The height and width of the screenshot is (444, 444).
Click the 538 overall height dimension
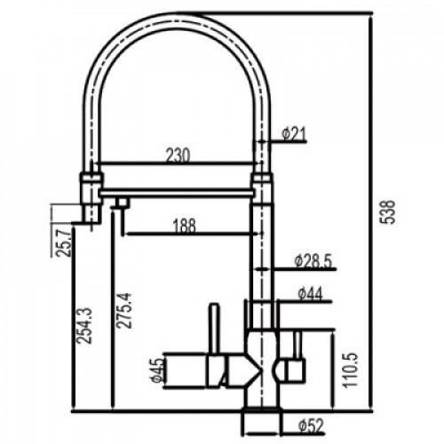(x=387, y=212)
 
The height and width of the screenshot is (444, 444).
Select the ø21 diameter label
(x=294, y=134)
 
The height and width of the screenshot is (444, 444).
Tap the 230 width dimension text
(x=178, y=155)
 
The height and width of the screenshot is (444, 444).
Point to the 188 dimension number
(x=185, y=226)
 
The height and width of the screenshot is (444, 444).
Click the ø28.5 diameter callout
(x=313, y=261)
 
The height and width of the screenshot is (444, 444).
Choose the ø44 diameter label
(x=310, y=294)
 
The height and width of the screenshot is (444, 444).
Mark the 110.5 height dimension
(x=351, y=369)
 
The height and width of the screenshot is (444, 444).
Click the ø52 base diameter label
(x=311, y=426)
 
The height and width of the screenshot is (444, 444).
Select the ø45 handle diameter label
(x=157, y=370)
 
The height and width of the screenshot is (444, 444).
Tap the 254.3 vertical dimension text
(x=83, y=326)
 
